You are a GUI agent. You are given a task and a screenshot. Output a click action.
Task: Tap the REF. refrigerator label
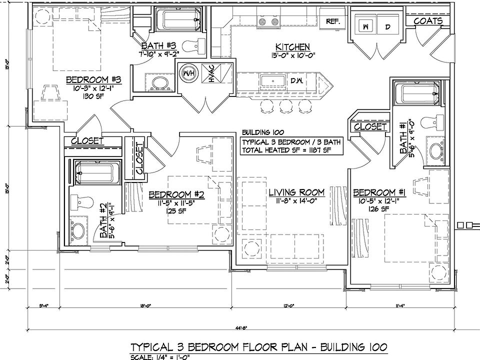click(x=333, y=21)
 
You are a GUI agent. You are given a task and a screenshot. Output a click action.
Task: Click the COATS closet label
click(x=428, y=21)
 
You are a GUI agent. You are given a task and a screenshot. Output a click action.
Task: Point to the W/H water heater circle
click(x=189, y=72)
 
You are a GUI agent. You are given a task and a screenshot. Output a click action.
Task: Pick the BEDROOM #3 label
click(x=91, y=79)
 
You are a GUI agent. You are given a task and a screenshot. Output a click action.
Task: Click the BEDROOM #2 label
click(x=172, y=194)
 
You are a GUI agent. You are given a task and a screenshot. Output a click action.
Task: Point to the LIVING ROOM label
click(x=296, y=192)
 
